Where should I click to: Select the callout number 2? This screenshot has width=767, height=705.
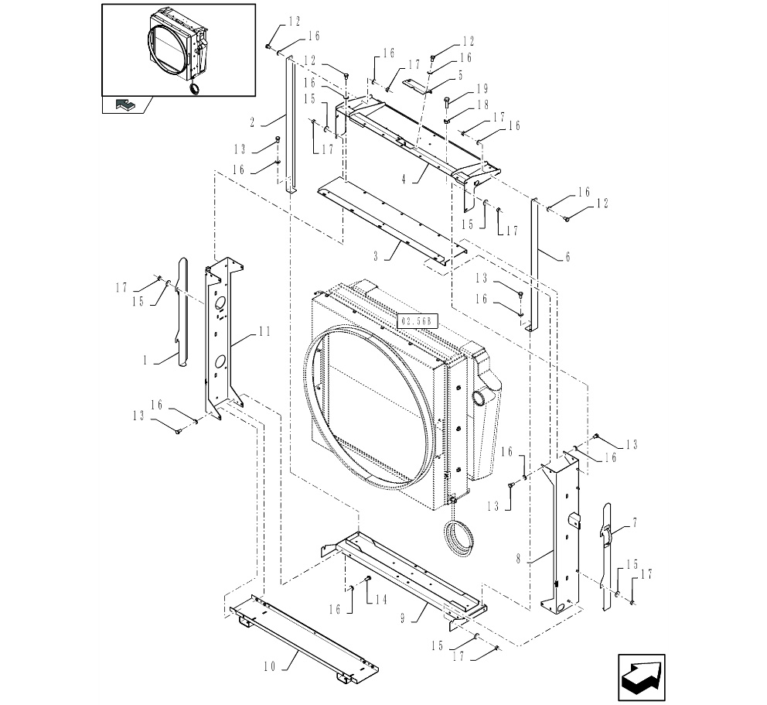click(x=252, y=121)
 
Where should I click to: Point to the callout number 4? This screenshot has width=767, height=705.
click(x=404, y=178)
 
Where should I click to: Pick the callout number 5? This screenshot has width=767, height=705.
click(x=460, y=75)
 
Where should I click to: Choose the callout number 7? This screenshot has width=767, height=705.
click(x=634, y=523)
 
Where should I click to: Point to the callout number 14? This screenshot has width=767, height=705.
click(x=380, y=600)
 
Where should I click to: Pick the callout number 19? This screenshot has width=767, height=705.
click(x=482, y=88)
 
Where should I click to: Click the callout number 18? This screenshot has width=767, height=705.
click(x=482, y=104)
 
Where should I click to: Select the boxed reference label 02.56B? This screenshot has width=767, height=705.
click(x=417, y=320)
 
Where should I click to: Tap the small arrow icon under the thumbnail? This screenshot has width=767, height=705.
click(x=123, y=104)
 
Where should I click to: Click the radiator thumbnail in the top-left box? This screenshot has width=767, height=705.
click(x=178, y=46)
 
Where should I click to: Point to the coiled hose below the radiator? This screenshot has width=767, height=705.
click(x=461, y=537)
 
